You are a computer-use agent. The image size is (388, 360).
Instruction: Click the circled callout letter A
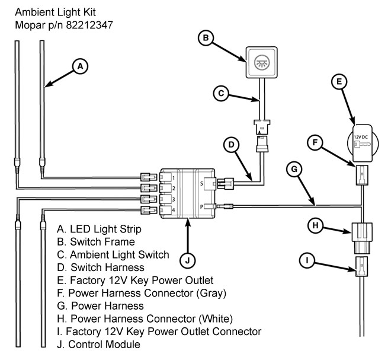[80, 66]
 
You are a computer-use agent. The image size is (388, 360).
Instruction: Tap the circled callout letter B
[206, 38]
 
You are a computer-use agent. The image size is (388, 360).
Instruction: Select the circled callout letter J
[187, 260]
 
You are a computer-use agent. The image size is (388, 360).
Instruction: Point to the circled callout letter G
[294, 169]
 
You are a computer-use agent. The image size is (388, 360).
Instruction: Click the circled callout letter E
[339, 81]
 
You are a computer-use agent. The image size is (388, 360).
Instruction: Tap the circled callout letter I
[307, 260]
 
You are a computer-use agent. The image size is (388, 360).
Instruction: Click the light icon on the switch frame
[262, 62]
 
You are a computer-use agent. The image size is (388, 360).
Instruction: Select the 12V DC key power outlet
[363, 143]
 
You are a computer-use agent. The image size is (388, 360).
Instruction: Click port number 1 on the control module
[174, 178]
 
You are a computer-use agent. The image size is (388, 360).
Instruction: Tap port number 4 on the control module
[174, 210]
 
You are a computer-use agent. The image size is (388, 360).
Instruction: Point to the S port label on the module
[201, 184]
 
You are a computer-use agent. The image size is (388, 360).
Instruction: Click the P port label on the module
[201, 206]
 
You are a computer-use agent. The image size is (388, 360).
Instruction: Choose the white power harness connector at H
[362, 238]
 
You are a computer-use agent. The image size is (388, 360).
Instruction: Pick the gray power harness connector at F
[362, 176]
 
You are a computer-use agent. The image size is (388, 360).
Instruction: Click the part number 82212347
[89, 25]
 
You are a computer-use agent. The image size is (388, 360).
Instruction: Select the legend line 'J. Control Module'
[98, 345]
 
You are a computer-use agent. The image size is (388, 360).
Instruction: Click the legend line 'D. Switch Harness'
[101, 267]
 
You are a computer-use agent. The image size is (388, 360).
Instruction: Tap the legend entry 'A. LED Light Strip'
[99, 229]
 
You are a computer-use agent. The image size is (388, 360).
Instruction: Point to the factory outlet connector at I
[361, 267]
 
